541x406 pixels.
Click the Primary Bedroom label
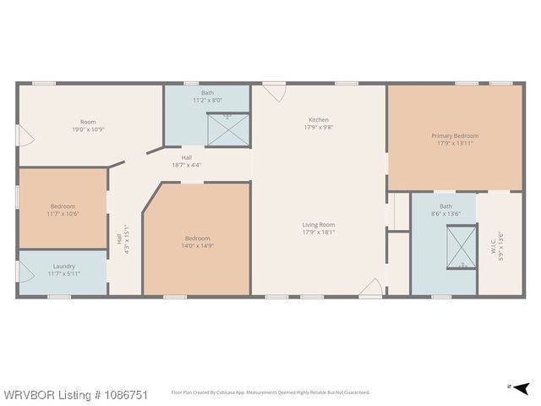point(455,135)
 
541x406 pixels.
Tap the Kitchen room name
point(319,120)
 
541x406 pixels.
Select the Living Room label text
point(319,225)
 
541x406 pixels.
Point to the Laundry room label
point(64,266)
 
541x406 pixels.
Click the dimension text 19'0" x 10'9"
point(88,129)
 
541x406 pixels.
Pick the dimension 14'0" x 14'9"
point(197,246)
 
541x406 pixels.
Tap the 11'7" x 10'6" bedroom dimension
point(63,214)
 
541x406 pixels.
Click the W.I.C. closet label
point(493,246)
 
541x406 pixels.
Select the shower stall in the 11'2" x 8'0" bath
point(228,129)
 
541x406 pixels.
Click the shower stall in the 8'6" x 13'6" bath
point(462,246)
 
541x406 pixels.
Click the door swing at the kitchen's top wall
point(275,92)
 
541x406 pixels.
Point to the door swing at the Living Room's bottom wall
point(371,288)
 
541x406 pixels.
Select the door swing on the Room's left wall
point(26,135)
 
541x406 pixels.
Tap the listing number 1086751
point(125,395)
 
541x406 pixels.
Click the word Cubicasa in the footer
point(227,392)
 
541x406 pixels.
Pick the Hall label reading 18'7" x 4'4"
point(187,162)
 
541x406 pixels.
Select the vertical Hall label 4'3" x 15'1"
point(123,239)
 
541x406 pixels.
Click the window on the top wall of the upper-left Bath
point(191,83)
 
